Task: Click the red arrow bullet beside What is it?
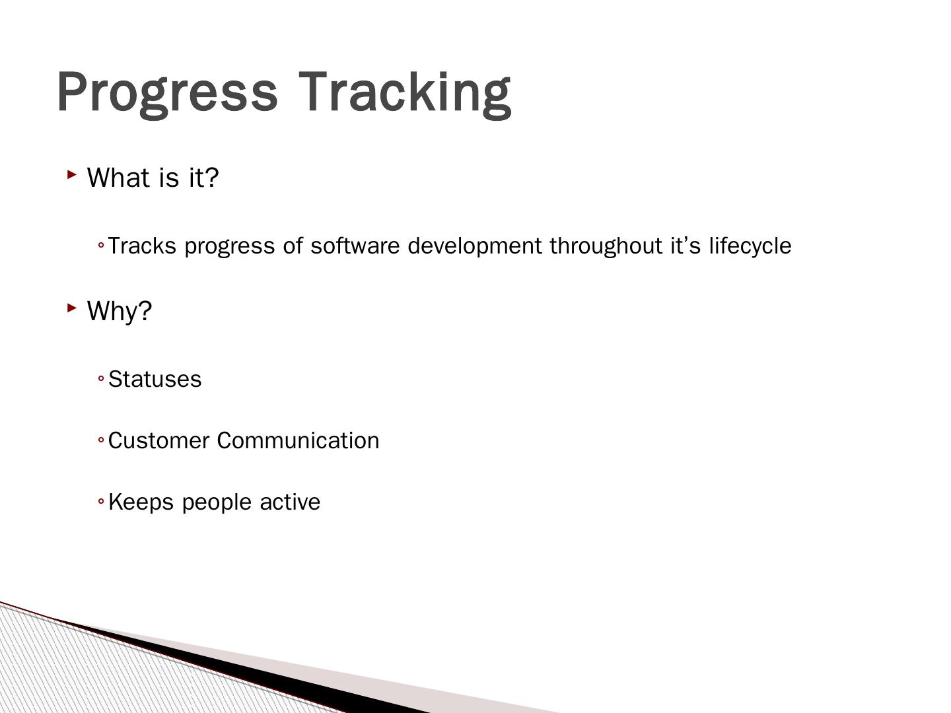72,175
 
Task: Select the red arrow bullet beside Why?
72,308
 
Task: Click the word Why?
120,312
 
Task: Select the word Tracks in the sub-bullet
142,246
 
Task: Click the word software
355,246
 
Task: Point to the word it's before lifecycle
686,246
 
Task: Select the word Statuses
155,379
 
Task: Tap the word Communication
298,441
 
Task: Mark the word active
290,502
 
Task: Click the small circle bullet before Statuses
101,379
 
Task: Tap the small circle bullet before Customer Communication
101,440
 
